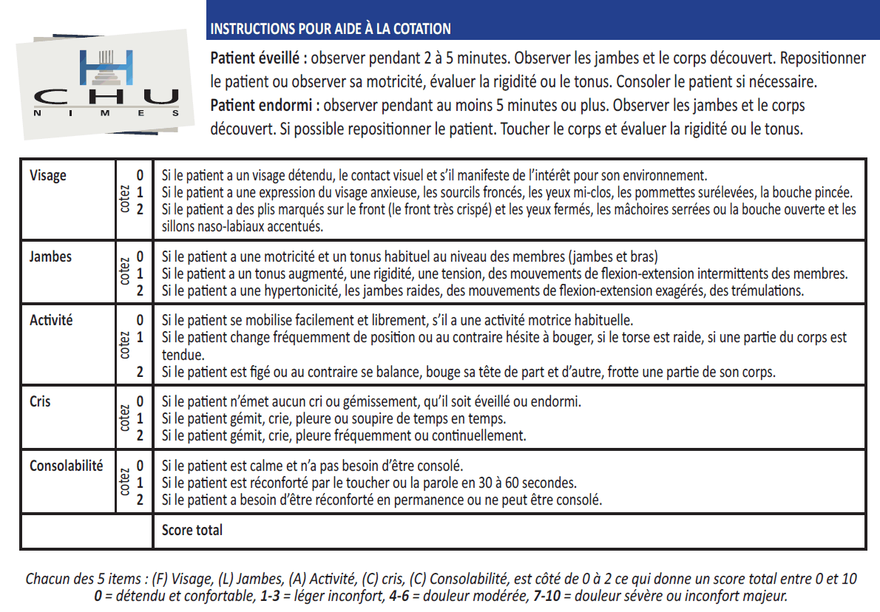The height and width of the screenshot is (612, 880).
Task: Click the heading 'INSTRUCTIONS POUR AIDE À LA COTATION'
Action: point(331,29)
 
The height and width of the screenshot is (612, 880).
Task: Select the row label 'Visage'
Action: point(48,175)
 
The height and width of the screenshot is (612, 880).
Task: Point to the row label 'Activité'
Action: point(51,321)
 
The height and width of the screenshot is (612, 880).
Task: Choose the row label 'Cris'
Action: point(41,402)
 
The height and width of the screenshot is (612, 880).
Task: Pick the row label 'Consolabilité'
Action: point(67,466)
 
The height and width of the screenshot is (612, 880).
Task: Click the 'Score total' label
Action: point(192,530)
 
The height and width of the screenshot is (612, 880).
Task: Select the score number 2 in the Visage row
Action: point(140,209)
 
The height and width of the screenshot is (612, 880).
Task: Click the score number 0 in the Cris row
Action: point(140,403)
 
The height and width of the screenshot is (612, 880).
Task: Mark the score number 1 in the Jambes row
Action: point(140,273)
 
